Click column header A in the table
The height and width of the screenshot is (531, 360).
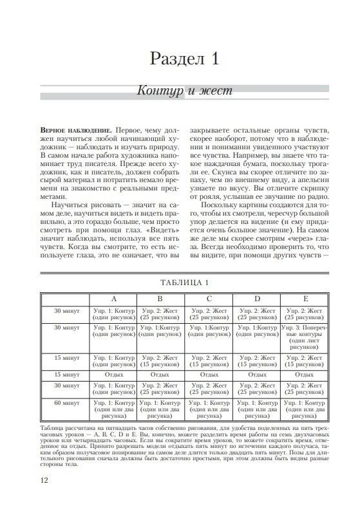[114, 299]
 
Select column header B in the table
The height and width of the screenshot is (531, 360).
[160, 299]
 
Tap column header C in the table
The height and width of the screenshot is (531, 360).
[209, 299]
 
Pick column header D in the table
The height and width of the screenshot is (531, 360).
[257, 299]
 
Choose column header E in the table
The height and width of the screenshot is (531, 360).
[305, 299]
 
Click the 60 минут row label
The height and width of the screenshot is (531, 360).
[67, 403]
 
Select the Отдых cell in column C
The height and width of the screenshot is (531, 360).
[209, 373]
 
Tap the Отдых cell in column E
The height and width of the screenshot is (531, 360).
[305, 373]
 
